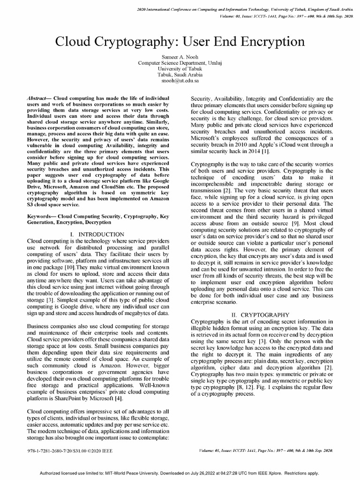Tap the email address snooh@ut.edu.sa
click(180, 81)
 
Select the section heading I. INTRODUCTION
click(97, 234)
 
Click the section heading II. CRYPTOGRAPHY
click(261, 315)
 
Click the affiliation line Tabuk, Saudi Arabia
click(180, 75)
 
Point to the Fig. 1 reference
click(270, 387)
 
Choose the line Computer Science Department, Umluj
click(180, 62)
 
